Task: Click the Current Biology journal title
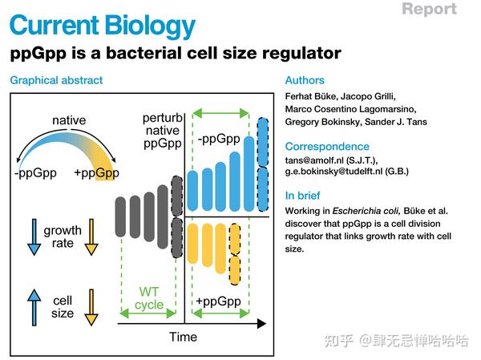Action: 103,26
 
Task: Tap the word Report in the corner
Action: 429,10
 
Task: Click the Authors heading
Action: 305,81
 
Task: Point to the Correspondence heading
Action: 327,147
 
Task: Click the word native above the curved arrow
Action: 69,122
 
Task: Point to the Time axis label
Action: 183,337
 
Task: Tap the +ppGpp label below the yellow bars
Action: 217,301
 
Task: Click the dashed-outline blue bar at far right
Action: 262,167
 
